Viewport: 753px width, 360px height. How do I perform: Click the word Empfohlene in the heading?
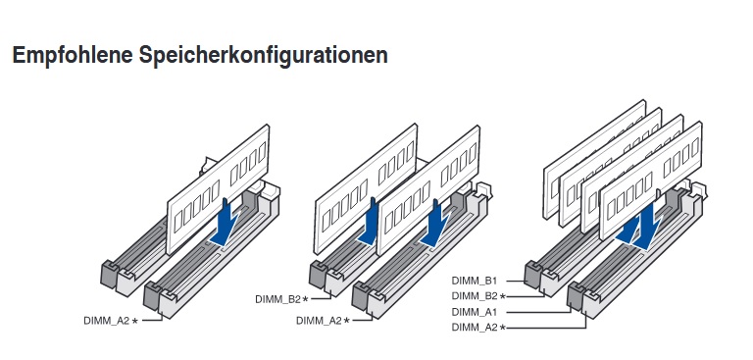point(72,55)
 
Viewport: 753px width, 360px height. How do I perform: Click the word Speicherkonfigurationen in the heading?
point(263,55)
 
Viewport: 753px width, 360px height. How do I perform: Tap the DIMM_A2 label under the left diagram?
point(107,321)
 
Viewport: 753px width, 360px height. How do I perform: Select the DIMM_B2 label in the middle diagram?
point(278,299)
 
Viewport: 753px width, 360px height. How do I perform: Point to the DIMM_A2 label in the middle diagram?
point(319,321)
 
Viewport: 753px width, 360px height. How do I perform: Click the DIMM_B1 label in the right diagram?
point(475,281)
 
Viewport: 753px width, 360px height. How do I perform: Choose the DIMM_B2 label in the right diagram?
point(475,296)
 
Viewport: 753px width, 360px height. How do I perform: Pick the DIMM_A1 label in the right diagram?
point(475,312)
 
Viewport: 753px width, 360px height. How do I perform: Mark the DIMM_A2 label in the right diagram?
point(475,328)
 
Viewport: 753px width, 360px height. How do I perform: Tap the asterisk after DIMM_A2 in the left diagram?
point(135,321)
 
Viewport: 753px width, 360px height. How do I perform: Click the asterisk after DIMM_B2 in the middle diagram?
point(306,299)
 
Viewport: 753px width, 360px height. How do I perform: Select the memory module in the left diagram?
point(218,189)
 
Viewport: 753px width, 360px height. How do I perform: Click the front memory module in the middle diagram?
point(428,190)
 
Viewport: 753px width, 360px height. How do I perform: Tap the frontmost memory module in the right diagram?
point(651,180)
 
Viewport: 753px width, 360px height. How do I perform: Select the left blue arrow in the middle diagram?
point(370,221)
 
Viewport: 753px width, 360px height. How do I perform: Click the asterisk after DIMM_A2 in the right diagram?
point(502,328)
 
